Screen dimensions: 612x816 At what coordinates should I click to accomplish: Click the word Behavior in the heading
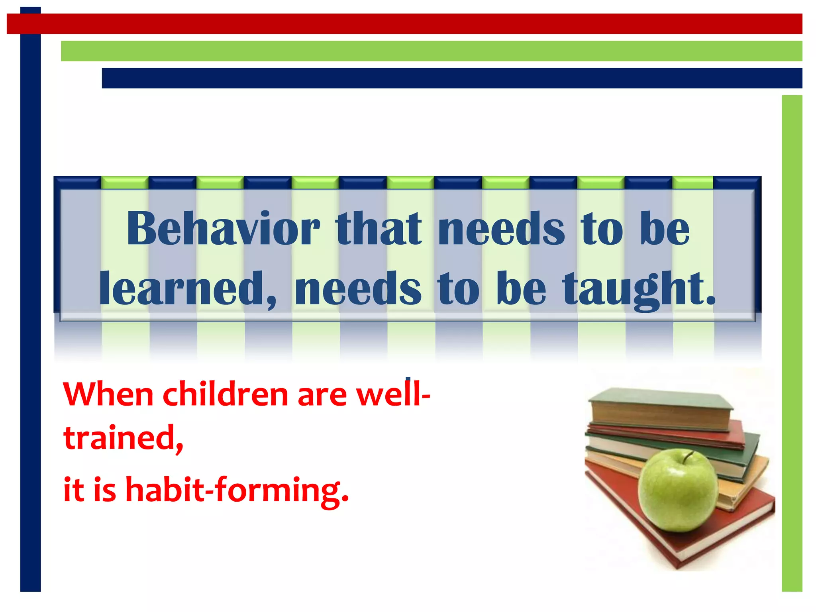pyautogui.click(x=223, y=229)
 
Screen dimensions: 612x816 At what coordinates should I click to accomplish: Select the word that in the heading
pyautogui.click(x=378, y=229)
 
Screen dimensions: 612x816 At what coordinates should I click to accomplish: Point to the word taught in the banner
pyautogui.click(x=638, y=288)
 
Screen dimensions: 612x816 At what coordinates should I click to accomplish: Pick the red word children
pyautogui.click(x=225, y=394)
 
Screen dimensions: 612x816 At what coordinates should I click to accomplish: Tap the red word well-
pyautogui.click(x=393, y=394)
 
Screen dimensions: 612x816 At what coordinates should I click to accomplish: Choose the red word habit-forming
pyautogui.click(x=237, y=490)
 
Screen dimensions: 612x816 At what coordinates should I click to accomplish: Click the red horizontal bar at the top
pyautogui.click(x=404, y=24)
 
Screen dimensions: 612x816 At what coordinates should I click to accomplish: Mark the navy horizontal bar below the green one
pyautogui.click(x=452, y=78)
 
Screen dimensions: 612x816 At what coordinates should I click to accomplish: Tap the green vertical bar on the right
pyautogui.click(x=792, y=343)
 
